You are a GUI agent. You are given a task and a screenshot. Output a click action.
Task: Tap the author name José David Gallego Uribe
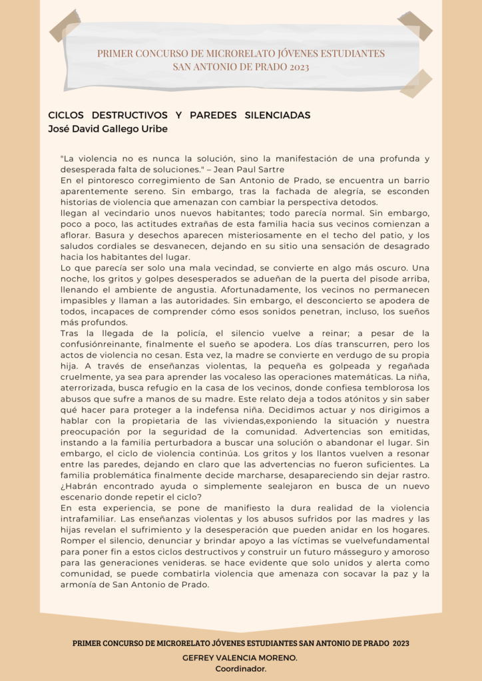pyautogui.click(x=108, y=128)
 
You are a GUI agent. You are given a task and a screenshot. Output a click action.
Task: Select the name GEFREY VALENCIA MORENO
pyautogui.click(x=240, y=657)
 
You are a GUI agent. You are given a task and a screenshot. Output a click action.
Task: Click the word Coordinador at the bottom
pyautogui.click(x=240, y=668)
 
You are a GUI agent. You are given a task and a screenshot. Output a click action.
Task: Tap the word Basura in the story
pyautogui.click(x=109, y=235)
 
